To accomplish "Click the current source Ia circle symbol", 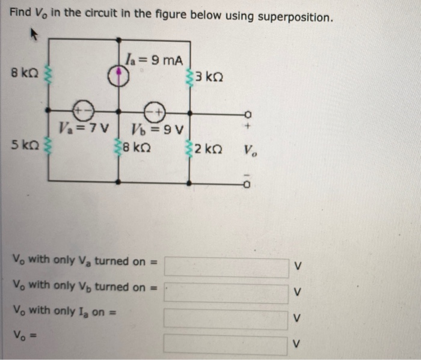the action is pos(120,75).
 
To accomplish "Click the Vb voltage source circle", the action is pos(155,111).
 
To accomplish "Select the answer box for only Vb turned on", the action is pos(226,293).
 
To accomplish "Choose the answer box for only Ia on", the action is pos(226,318).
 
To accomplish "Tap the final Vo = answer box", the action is pos(226,344).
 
